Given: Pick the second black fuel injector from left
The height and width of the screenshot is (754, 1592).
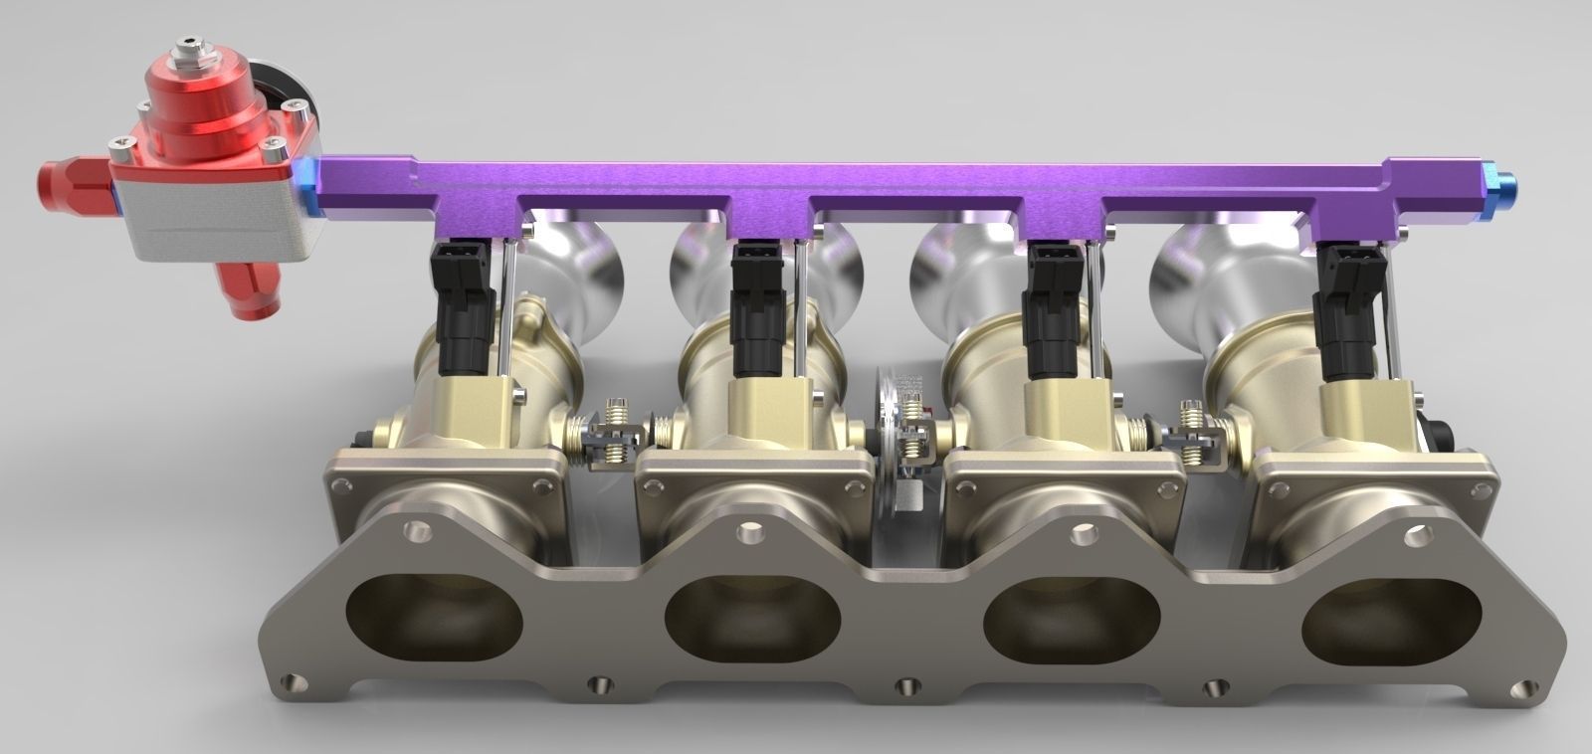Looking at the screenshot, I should click(754, 308).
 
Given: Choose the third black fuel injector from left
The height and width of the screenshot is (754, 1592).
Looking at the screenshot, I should click(1053, 307).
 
